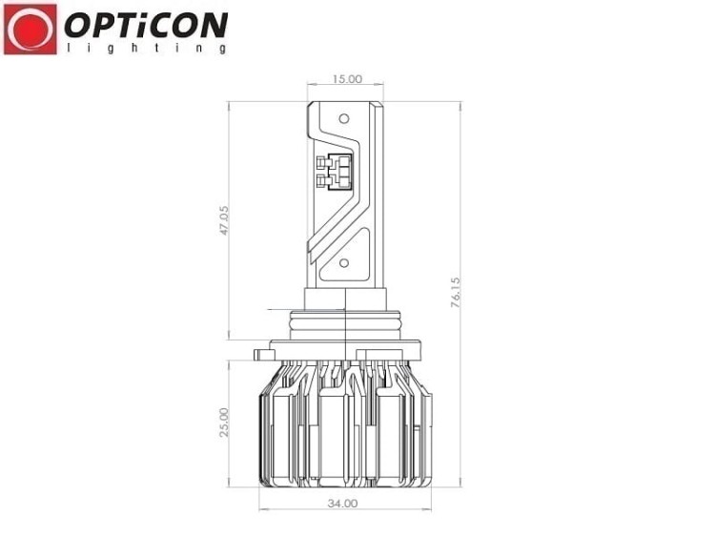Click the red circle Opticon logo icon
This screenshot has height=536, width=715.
[x=31, y=30]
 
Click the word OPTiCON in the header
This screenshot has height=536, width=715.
[x=146, y=25]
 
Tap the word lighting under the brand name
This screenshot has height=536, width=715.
[x=147, y=48]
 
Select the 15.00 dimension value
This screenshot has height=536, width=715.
[x=347, y=79]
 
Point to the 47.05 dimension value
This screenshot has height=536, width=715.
[x=223, y=220]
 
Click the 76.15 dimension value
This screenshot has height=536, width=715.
[x=456, y=292]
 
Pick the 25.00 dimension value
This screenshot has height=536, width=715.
[x=223, y=423]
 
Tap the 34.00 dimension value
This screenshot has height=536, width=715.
[x=342, y=504]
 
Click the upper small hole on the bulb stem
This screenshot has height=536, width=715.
[x=344, y=119]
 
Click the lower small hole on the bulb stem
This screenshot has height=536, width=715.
[x=344, y=263]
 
